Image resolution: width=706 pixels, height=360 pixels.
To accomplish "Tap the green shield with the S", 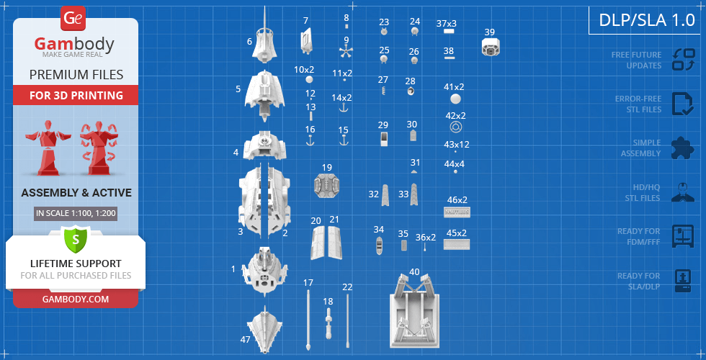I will pyautogui.click(x=75, y=238).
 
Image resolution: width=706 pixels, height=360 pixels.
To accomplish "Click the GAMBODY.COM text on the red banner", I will pyautogui.click(x=76, y=299).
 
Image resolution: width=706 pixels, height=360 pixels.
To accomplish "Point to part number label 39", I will pyautogui.click(x=489, y=32).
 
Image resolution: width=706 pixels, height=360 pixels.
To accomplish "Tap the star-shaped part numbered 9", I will pyautogui.click(x=346, y=51).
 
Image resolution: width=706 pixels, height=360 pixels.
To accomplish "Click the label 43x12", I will pyautogui.click(x=456, y=144).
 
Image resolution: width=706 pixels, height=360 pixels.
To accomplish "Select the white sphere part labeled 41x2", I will pyautogui.click(x=455, y=99).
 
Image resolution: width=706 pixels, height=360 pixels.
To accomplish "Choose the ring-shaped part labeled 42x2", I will pyautogui.click(x=456, y=127).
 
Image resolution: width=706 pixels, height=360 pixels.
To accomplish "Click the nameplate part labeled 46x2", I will pyautogui.click(x=457, y=212).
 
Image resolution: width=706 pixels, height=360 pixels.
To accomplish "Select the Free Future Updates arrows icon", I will pyautogui.click(x=683, y=59).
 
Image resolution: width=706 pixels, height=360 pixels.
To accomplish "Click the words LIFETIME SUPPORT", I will pyautogui.click(x=76, y=264).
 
